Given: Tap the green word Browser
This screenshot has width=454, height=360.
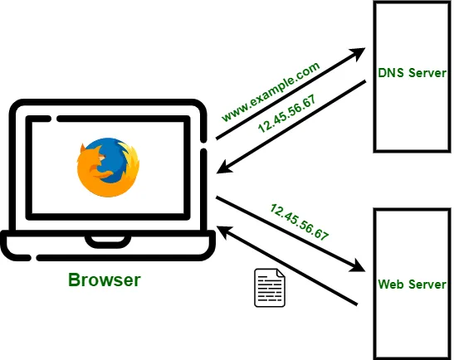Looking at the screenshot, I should pos(105,280).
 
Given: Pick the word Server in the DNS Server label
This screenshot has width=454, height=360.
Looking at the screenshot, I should pos(427,74).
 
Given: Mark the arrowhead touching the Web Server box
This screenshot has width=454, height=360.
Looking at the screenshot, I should pos(358,268).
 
